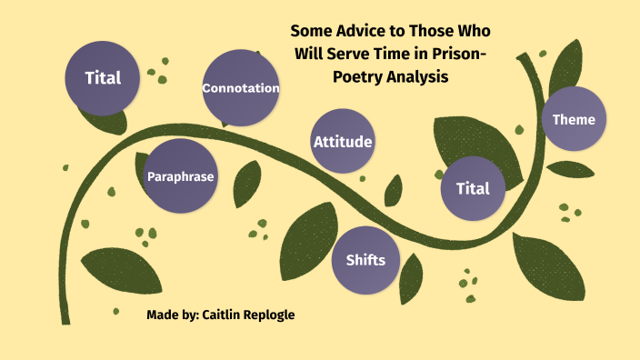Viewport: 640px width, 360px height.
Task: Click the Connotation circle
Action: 240,88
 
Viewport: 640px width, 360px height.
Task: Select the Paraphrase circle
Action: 181,176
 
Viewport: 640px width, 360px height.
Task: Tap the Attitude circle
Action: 343,141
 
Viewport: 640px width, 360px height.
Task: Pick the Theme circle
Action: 574,119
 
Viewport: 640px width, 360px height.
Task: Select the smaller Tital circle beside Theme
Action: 472,188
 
